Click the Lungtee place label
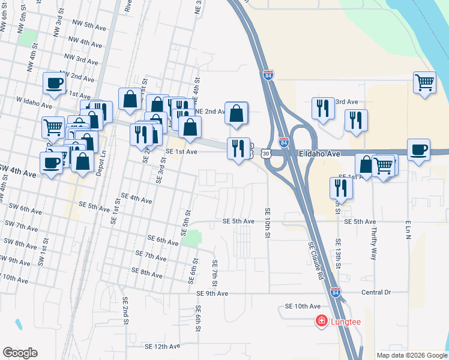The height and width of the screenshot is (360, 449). [346, 322]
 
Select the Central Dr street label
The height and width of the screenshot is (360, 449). [376, 292]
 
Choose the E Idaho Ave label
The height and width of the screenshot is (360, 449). [319, 154]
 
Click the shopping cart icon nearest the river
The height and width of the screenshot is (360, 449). [424, 82]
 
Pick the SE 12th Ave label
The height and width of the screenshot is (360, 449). [162, 346]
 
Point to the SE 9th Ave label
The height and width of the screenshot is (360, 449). [212, 293]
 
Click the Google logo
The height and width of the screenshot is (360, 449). [20, 353]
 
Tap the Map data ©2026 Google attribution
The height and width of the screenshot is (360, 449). [412, 355]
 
